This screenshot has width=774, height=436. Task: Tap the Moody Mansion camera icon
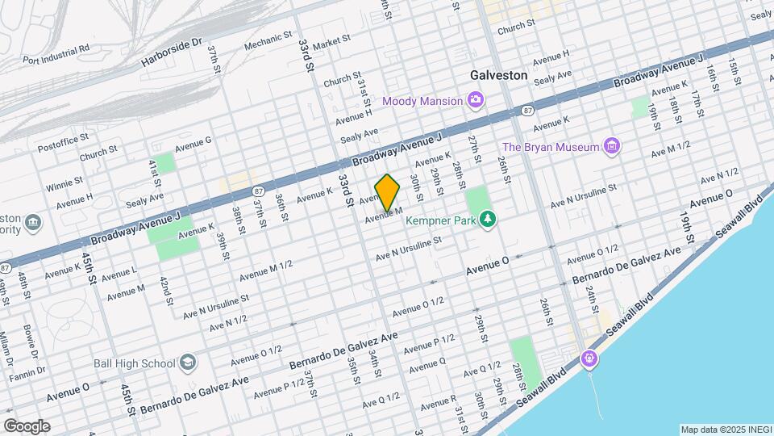click(476, 101)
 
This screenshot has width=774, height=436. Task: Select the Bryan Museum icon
click(612, 146)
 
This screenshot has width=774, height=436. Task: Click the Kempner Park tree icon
click(487, 219)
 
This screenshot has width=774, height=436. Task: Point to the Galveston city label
click(498, 75)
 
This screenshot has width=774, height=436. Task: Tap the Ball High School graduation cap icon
click(188, 363)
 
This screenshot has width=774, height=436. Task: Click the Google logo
click(27, 426)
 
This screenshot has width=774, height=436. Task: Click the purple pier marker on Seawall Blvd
click(590, 358)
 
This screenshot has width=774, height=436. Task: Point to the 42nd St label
click(165, 291)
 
